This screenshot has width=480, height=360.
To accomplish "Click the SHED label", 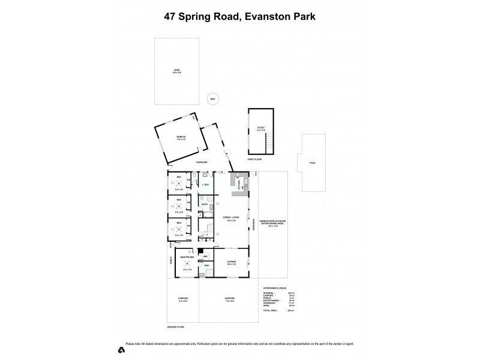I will tap(176, 71).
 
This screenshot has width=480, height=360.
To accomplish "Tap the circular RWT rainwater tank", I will tap(212, 99).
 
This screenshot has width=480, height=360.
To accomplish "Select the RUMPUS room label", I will tap(181, 138).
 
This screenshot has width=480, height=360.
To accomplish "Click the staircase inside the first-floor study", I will tap(270, 142).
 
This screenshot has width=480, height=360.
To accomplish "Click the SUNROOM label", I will tap(202, 162).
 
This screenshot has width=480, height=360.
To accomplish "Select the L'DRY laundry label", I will tap(205, 184).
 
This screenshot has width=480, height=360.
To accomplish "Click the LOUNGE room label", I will tap(232, 262).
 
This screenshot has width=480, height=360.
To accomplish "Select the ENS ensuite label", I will tap(206, 266).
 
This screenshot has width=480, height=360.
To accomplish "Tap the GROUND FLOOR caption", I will tap(176, 327).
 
